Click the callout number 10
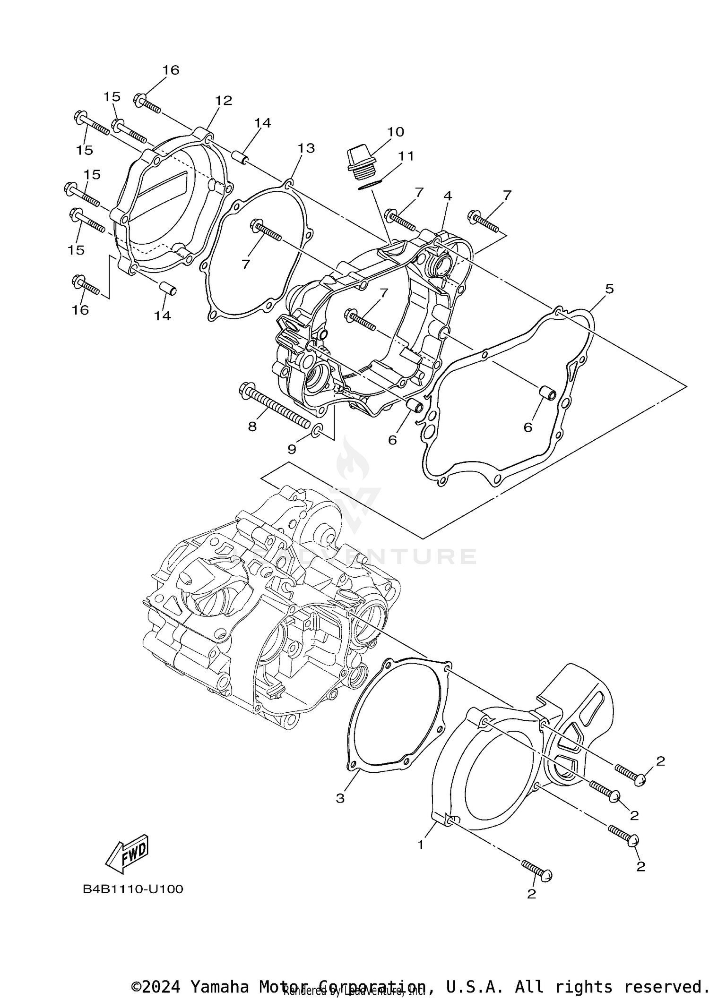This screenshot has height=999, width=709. click(x=396, y=132)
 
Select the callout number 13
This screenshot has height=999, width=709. click(x=306, y=148)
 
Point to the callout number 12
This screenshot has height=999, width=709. click(x=224, y=101)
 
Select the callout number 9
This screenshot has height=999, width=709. click(x=292, y=449)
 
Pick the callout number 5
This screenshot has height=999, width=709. click(x=609, y=289)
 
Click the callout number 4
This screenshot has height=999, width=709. click(x=447, y=196)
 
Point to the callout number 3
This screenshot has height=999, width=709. click(x=340, y=798)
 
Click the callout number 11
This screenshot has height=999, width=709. click(x=406, y=156)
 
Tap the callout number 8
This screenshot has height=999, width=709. click(x=252, y=427)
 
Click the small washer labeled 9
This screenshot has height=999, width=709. click(x=318, y=429)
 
